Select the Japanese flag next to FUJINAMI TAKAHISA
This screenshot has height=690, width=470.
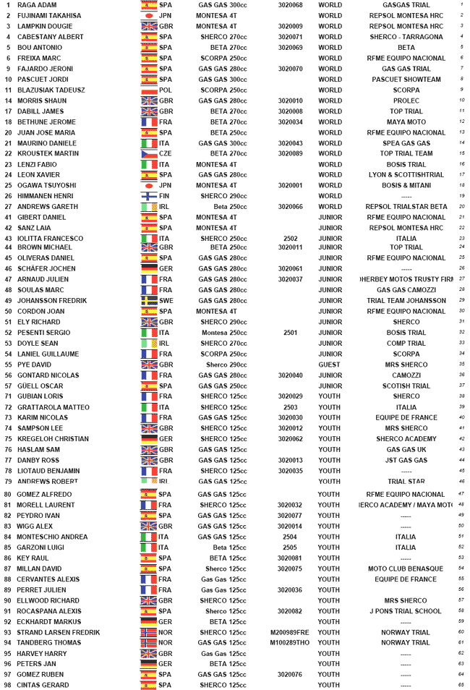pos(148,16)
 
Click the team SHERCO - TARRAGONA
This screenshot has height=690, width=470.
pos(406,37)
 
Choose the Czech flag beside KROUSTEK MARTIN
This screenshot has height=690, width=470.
pos(148,154)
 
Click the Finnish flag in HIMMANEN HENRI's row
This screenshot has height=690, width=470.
pos(148,196)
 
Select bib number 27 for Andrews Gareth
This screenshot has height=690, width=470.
pos(7,207)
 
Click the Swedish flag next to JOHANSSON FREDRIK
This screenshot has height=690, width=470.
pos(148,301)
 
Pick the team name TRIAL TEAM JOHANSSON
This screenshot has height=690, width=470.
pos(406,301)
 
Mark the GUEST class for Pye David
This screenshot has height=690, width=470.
pos(330,365)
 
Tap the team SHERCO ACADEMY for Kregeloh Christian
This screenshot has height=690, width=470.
pos(406,439)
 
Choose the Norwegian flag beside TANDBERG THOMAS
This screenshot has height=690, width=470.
pos(148,642)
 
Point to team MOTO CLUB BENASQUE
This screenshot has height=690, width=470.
pos(406,568)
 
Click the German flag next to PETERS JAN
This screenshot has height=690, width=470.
pos(148,664)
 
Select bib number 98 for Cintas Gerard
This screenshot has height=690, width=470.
pos(7,685)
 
